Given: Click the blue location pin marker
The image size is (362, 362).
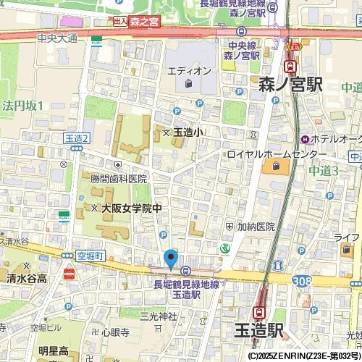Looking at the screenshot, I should (171, 258).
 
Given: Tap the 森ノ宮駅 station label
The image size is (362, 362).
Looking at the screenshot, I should (290, 85).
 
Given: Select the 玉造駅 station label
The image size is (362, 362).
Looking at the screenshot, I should (258, 330).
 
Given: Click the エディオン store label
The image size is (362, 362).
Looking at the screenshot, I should (189, 71).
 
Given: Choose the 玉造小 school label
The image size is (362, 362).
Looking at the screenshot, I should (188, 132).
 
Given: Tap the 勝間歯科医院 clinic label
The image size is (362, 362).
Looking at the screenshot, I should (118, 179).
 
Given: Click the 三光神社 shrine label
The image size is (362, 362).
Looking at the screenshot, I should (158, 316).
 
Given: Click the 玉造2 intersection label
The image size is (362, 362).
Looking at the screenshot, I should (76, 138).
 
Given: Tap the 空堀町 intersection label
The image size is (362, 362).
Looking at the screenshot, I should (90, 256).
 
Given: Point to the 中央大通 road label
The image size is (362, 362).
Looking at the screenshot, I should (57, 38).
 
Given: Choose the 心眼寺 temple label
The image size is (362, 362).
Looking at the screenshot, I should (115, 332).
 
